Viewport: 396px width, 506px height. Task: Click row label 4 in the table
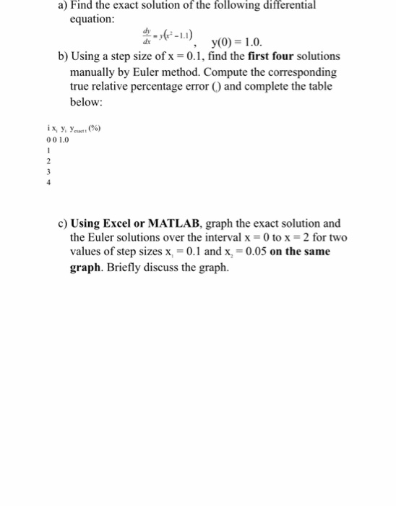pyautogui.click(x=48, y=183)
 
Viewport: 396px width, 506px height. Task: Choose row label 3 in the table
pyautogui.click(x=48, y=173)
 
